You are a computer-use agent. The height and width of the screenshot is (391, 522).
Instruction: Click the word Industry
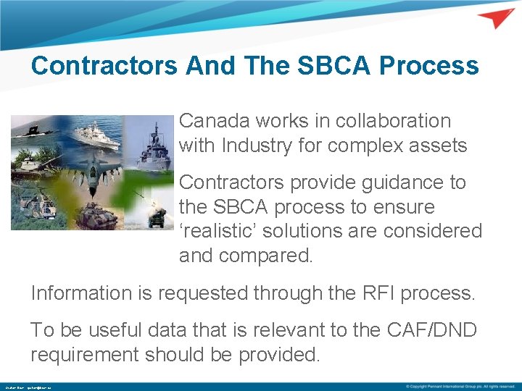coord(266,146)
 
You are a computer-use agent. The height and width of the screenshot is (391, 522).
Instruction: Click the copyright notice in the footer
coord(460,386)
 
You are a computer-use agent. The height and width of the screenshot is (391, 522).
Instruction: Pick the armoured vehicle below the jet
coord(98,215)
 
